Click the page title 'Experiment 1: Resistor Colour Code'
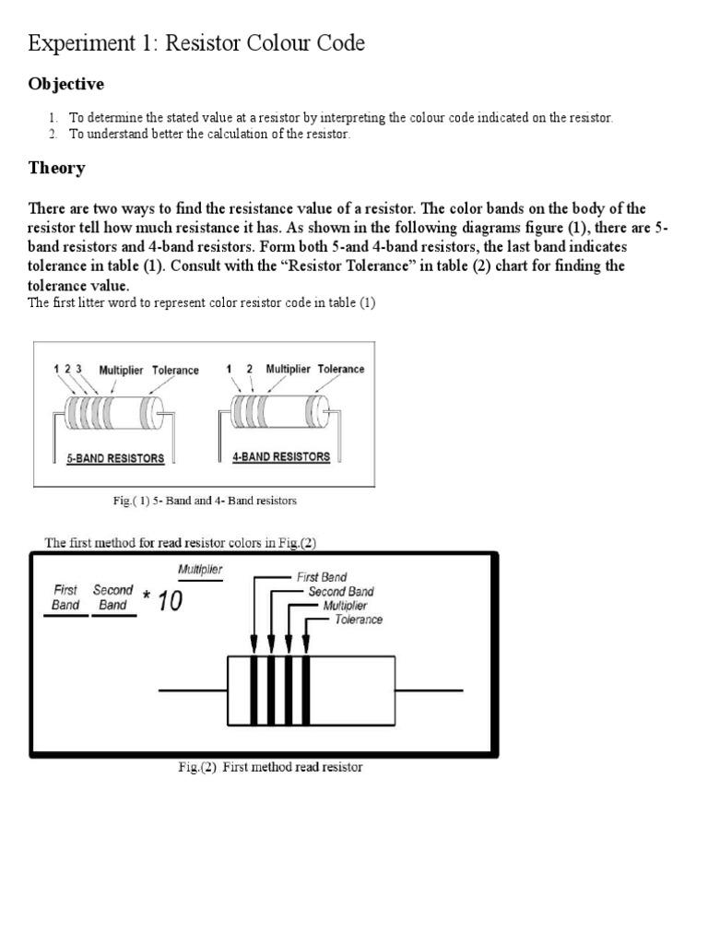[x=196, y=42]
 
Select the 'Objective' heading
[x=66, y=85]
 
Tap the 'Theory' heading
[x=57, y=168]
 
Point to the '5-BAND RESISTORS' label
[x=115, y=458]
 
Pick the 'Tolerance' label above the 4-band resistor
[x=341, y=369]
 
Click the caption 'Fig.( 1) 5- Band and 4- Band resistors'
[x=205, y=501]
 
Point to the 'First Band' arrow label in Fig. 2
[x=321, y=577]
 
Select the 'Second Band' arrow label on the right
[x=341, y=592]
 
